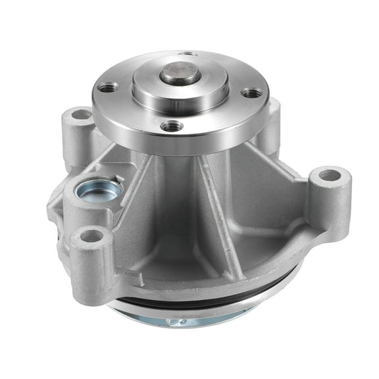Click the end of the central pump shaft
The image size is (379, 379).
click(180, 72)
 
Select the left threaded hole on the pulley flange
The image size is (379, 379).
click(109, 88)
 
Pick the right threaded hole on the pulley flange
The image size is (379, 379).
click(251, 93)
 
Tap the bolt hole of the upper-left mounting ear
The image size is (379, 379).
click(82, 114)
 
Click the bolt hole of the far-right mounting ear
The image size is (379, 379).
click(328, 176)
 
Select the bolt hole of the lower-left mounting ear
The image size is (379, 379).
click(91, 235)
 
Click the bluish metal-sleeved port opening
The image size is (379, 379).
click(99, 191)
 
